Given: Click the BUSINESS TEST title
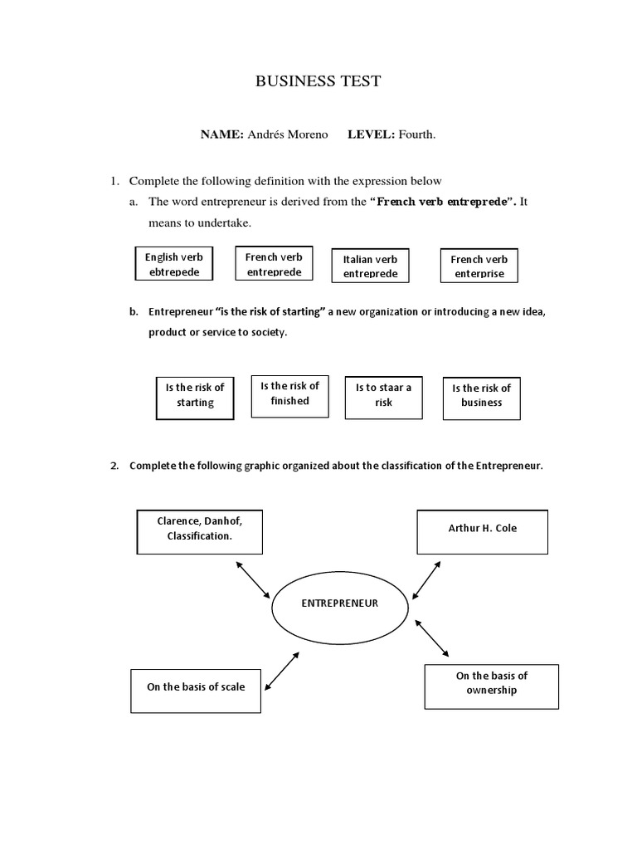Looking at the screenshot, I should (318, 81).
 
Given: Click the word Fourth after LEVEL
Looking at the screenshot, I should (416, 134).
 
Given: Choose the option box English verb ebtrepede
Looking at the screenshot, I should (174, 264).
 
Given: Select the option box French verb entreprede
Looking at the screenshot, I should (274, 264).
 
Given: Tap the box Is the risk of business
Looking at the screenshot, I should (482, 395).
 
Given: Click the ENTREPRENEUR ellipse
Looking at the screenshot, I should (339, 604).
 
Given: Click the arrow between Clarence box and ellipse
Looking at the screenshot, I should (253, 579).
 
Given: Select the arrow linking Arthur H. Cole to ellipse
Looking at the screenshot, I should (426, 575).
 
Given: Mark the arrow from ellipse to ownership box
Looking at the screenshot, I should (431, 637).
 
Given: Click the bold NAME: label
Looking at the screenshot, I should (221, 134).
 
